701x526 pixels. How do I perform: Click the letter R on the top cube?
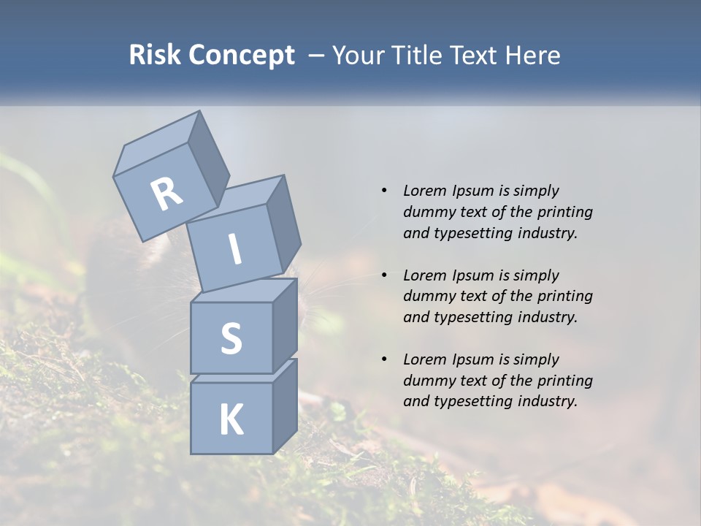pos(166,194)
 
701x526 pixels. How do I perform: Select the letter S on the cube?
pos(231,338)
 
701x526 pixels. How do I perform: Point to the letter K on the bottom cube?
pos(231,420)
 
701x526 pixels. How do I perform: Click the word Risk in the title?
pos(155,56)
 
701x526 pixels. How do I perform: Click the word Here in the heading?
pos(533,56)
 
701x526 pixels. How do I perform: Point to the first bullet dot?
pos(384,191)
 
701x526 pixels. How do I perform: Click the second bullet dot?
pos(384,275)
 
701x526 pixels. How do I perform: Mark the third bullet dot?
pos(384,359)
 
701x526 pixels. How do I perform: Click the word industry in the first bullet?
pos(547,233)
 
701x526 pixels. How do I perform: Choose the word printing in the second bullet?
pos(564,296)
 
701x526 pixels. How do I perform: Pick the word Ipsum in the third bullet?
pos(473,359)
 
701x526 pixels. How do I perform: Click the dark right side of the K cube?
pos(285,405)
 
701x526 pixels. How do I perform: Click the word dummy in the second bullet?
pos(428,296)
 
